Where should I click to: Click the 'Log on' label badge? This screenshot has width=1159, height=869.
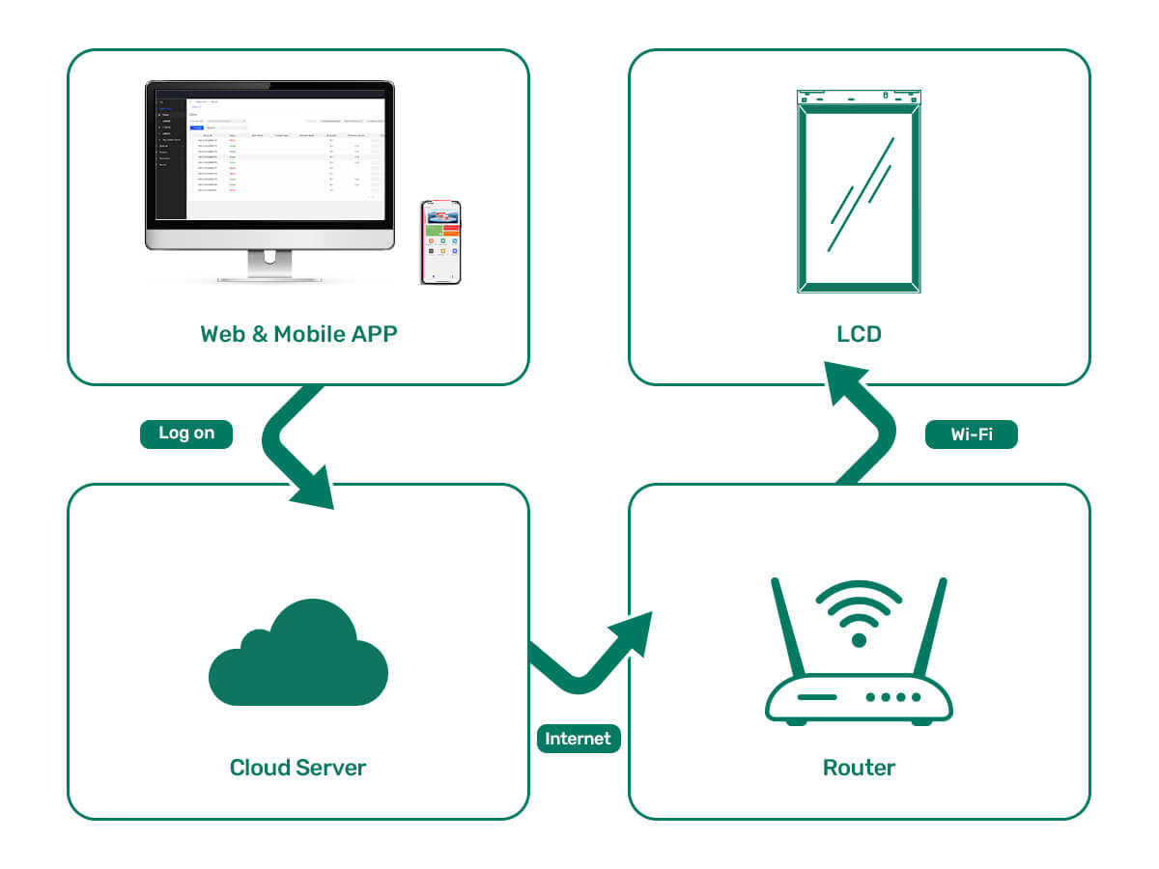tap(186, 434)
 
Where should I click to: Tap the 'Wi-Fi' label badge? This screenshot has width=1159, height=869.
tap(971, 434)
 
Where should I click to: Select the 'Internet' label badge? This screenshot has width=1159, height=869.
tap(578, 739)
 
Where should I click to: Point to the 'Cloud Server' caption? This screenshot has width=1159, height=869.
tap(297, 768)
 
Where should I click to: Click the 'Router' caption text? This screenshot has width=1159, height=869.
tap(859, 768)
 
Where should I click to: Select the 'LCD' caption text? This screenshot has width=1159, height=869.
tap(859, 334)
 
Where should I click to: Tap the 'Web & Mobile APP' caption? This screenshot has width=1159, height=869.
tap(298, 334)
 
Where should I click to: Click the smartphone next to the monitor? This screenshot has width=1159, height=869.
tap(440, 242)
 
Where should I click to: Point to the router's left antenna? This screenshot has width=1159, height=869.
tap(788, 628)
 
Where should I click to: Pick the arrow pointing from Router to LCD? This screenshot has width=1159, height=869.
tap(860, 415)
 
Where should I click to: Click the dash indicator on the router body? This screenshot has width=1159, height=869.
tap(817, 696)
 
